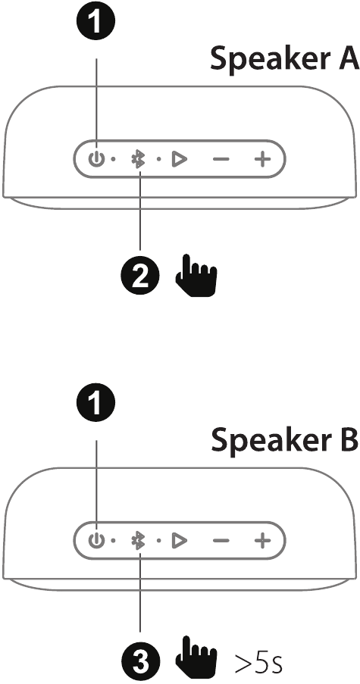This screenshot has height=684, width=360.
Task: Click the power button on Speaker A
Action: tap(96, 159)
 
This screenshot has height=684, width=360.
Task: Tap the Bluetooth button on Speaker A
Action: tap(139, 159)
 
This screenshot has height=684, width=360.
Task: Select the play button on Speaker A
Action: tap(178, 159)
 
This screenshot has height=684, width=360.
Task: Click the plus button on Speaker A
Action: tap(262, 159)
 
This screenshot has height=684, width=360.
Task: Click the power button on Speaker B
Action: tap(96, 541)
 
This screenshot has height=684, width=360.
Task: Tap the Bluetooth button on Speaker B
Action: tap(139, 541)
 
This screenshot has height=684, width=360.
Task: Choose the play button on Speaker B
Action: tap(178, 541)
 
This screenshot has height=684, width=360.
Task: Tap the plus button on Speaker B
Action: tap(262, 541)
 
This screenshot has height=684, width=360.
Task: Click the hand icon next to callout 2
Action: tap(196, 276)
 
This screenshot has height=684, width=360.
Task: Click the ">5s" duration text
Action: tap(258, 662)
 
